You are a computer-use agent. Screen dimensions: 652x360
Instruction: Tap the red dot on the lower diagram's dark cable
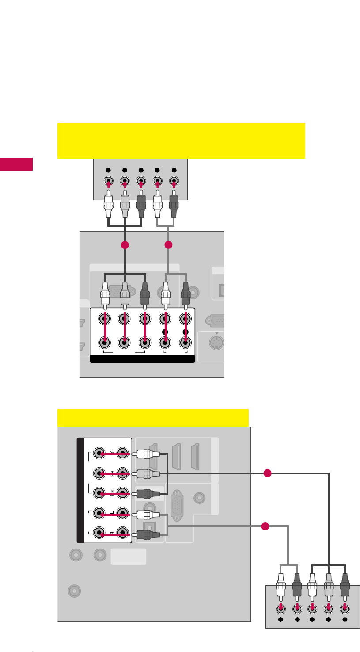[267, 473]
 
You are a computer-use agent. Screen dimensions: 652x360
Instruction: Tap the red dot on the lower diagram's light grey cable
[265, 526]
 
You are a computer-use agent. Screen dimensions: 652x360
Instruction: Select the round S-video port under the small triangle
[215, 342]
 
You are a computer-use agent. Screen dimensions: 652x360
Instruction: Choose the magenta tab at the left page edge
[16, 164]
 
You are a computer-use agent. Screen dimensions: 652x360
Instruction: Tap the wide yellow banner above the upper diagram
[181, 141]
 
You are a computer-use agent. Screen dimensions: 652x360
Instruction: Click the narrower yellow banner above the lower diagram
[153, 418]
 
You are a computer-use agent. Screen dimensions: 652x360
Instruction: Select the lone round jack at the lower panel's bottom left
[74, 590]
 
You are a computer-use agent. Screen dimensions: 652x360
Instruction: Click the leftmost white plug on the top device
[109, 206]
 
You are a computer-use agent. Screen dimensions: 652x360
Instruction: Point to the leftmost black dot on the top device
[109, 170]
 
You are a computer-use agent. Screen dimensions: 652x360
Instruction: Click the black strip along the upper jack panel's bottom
[142, 359]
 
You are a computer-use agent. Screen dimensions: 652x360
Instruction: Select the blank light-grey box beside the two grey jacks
[128, 557]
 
